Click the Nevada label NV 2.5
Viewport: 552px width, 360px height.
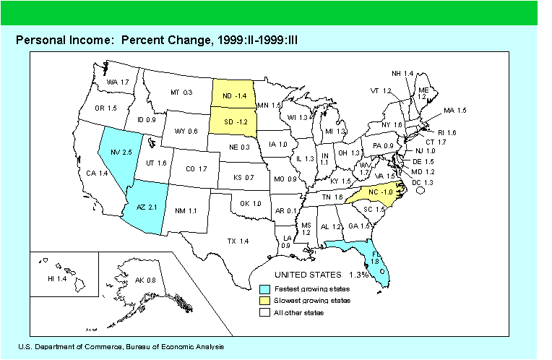pos(120,153)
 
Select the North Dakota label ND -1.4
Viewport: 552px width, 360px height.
pos(234,95)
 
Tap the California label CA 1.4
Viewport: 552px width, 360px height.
pos(98,173)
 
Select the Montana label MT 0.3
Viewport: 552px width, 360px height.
pos(181,93)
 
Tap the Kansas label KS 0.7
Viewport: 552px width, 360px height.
pos(246,177)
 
